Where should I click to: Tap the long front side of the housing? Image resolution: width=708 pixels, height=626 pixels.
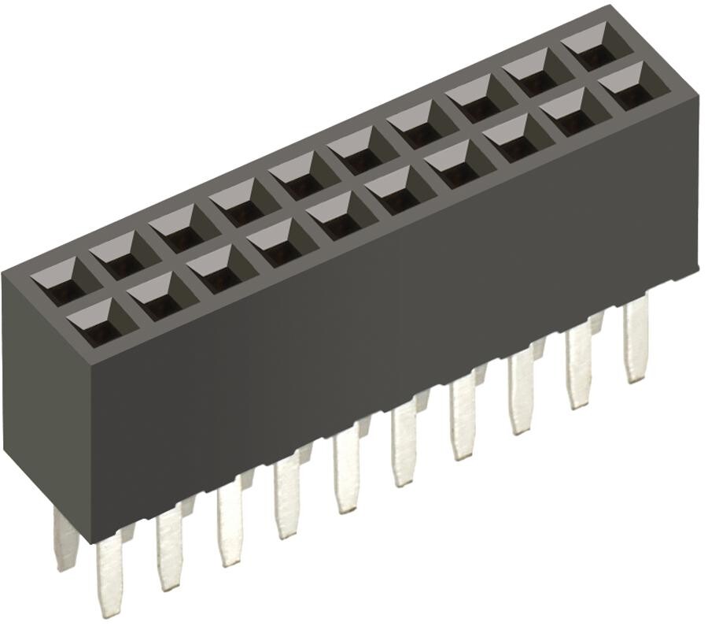[x=393, y=331]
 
